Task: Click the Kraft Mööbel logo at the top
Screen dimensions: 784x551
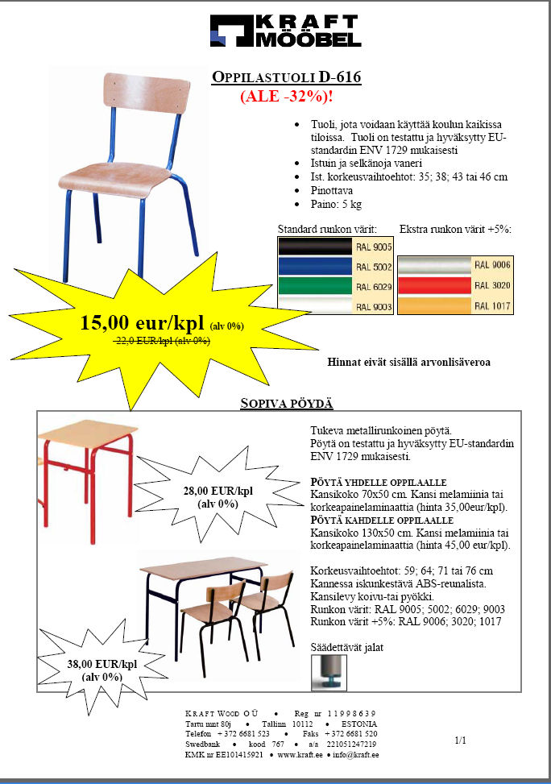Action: click(285, 31)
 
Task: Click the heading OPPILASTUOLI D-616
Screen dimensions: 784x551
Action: click(286, 78)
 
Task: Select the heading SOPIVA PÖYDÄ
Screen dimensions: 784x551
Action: click(286, 403)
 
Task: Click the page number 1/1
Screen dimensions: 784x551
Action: click(461, 739)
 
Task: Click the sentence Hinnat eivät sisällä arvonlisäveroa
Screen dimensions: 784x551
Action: click(408, 362)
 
